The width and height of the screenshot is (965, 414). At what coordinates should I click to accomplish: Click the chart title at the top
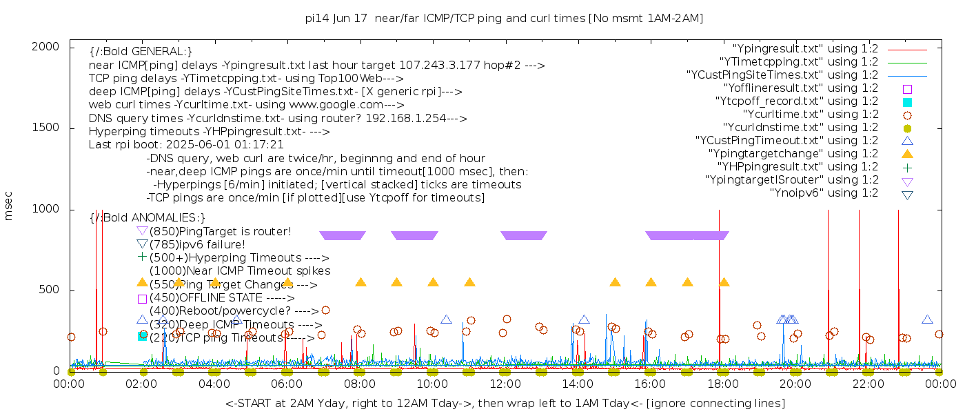pos(504,19)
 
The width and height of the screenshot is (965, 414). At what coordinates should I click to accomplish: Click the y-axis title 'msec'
pos(9,205)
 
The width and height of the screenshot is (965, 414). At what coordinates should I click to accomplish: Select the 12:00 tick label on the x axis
pos(505,384)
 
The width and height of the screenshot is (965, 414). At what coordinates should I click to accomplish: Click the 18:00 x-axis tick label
pos(722,384)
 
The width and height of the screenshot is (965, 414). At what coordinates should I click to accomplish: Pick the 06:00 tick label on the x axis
pos(287,384)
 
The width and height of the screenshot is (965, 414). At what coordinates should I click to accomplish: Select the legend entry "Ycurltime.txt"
pos(810,115)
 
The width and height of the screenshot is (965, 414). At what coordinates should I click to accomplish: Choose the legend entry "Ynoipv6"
pos(824,193)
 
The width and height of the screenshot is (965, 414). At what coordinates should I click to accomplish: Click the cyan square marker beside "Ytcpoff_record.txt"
pos(907,101)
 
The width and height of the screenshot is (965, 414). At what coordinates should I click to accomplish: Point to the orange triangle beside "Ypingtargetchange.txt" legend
pos(907,154)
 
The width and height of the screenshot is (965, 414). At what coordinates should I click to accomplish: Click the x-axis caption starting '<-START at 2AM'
pos(505,403)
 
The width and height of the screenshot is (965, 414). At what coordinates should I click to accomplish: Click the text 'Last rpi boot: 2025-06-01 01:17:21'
pos(186,145)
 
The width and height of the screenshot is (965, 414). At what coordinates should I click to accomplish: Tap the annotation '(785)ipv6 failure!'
pos(197,244)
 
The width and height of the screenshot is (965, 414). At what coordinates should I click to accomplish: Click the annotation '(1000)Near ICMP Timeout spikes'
pos(239,271)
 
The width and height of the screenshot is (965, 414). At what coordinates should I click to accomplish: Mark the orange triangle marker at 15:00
pos(615,282)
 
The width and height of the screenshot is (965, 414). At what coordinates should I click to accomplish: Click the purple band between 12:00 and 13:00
pos(524,236)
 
